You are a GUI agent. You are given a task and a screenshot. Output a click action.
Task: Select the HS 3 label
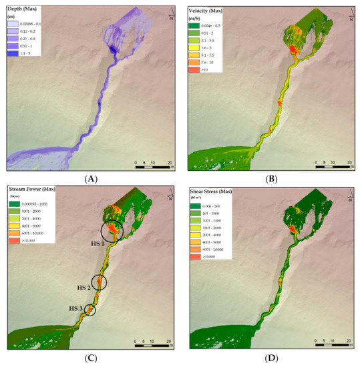tap(75, 309)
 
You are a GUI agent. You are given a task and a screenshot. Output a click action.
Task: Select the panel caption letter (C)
tap(88, 359)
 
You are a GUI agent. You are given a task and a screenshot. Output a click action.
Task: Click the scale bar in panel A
tap(153, 167)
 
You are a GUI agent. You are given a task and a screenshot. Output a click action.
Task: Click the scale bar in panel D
tap(332, 348)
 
